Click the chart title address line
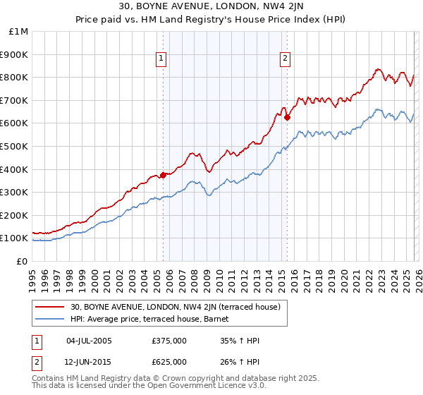coord(211,8)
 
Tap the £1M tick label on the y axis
coord(17,32)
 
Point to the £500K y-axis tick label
coord(14,146)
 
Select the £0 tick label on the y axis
coord(22,261)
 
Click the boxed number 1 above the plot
coord(162,59)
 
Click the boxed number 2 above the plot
coord(286,59)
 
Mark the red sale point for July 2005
coord(163,174)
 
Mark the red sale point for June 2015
coord(287,117)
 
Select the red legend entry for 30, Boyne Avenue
coord(176,307)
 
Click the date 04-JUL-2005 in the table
coord(89,341)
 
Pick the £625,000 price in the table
coord(169,361)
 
